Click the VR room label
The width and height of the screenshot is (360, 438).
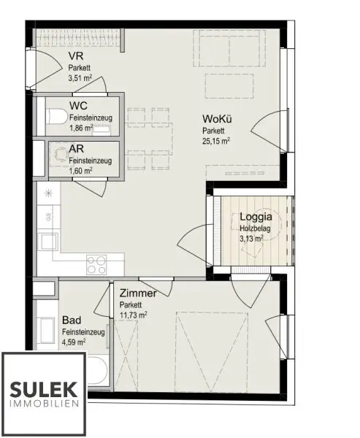[x=75, y=55]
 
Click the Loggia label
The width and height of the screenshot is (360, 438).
[x=256, y=217]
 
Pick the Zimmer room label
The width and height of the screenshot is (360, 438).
[x=138, y=293]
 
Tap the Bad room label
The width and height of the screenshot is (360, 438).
[x=72, y=320]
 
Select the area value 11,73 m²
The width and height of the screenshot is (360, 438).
[x=133, y=315]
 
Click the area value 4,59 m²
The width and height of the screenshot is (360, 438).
[x=74, y=341]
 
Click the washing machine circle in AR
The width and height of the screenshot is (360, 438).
[x=58, y=155]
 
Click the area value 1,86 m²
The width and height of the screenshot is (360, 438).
[x=80, y=128]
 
